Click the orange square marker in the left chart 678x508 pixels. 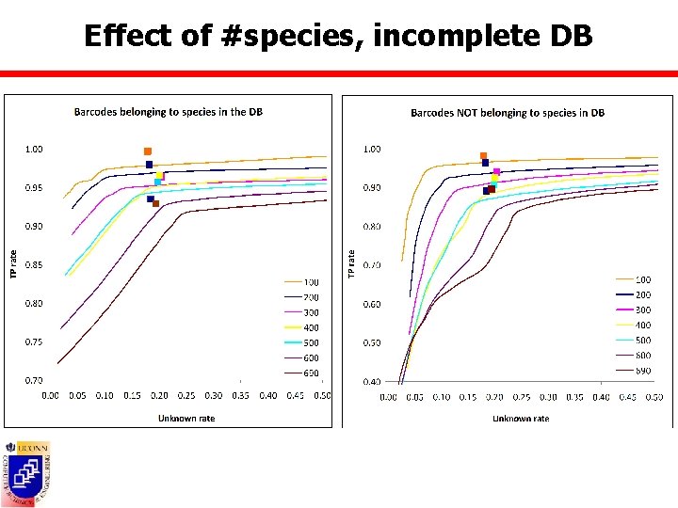click(x=148, y=151)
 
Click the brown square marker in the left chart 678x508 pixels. click(x=156, y=203)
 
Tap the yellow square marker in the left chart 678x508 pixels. click(x=160, y=175)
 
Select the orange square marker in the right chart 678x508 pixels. click(x=483, y=156)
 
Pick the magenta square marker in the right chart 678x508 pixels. click(x=496, y=171)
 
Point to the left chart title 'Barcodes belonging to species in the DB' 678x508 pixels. click(x=168, y=112)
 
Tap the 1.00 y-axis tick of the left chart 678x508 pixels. click(x=33, y=149)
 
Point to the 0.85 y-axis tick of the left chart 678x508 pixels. click(x=33, y=265)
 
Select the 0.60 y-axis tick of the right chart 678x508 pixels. click(x=372, y=304)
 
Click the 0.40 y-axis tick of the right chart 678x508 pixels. click(x=372, y=381)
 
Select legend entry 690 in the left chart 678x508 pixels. click(x=311, y=373)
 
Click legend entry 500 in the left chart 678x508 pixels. click(x=311, y=343)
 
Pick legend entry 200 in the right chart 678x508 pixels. click(x=642, y=294)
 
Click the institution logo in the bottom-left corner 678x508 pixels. click(x=27, y=468)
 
